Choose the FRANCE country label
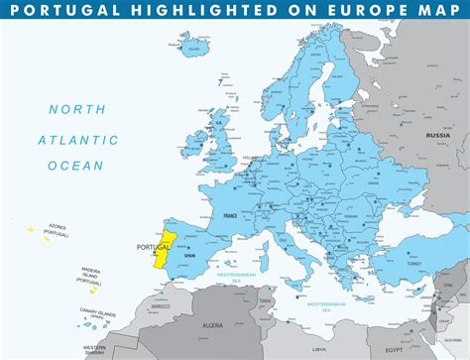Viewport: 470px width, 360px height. pos(229,214)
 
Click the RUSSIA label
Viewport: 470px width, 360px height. pos(438,134)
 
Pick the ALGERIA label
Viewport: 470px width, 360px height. pos(214,324)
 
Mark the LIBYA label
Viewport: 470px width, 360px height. pos(318,349)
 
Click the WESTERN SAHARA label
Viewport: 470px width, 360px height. pos(94,350)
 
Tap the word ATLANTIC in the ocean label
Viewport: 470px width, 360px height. pos(70,140)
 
